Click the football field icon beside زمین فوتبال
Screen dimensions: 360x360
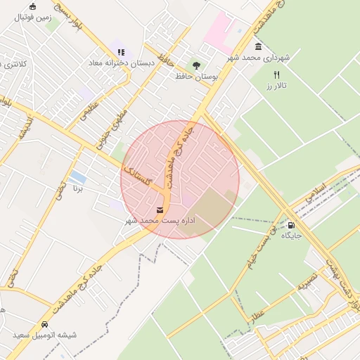pos(32,6)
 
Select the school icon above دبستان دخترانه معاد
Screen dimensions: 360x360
pos(121,51)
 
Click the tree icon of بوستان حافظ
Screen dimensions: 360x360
pos(196,65)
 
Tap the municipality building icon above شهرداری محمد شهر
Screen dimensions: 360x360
pos(259,46)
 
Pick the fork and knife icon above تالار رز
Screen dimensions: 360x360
pos(277,75)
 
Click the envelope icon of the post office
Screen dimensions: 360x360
pos(160,210)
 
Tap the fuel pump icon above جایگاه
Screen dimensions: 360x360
pos(291,225)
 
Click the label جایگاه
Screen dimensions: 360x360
pos(291,236)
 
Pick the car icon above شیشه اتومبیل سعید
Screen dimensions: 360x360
pos(44,325)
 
